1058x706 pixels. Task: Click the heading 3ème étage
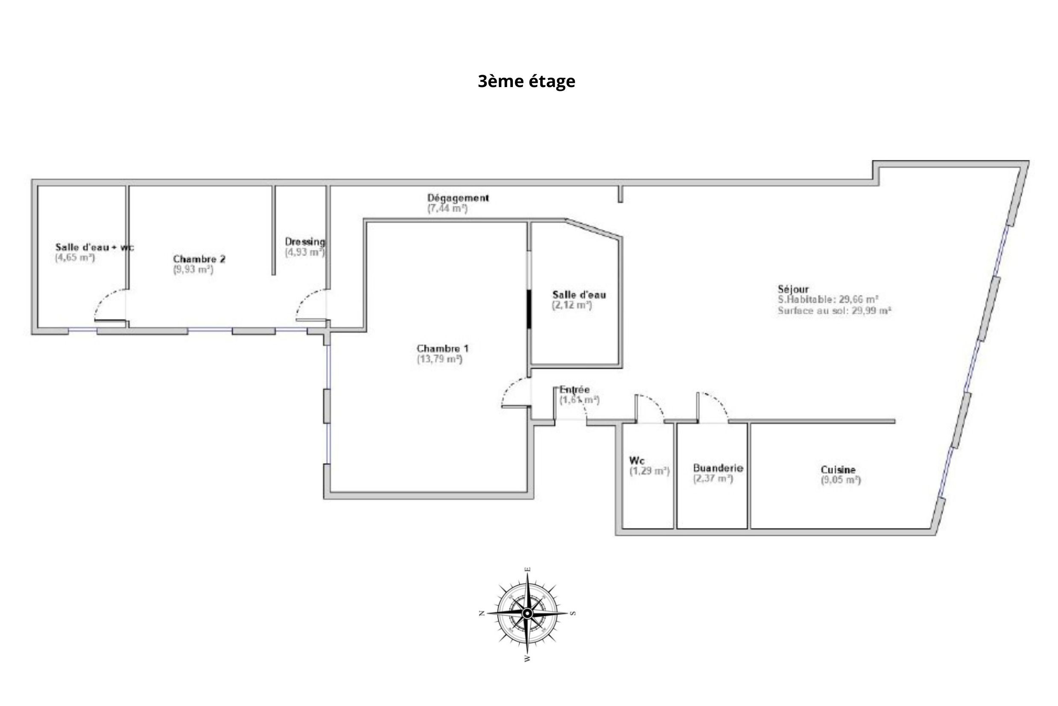pos(526,82)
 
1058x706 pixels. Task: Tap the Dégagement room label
pos(458,198)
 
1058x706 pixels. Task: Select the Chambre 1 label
pos(442,348)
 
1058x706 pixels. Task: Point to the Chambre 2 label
pos(199,259)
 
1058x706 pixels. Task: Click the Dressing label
pos(305,242)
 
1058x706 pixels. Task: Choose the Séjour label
pos(793,289)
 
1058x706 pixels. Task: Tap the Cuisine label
pos(838,470)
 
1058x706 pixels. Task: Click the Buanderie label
pos(718,468)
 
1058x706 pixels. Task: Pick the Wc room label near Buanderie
pos(637,461)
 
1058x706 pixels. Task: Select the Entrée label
pos(574,389)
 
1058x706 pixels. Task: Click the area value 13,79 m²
pos(440,359)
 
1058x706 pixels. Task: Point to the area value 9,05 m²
pos(840,480)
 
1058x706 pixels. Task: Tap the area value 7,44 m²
pos(447,208)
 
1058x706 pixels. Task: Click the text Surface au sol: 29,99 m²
pos(835,311)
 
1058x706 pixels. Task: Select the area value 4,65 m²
pos(75,257)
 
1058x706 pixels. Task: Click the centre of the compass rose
pos(527,613)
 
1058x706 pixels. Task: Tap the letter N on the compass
pos(481,613)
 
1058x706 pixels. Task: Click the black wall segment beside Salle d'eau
pos(529,309)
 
